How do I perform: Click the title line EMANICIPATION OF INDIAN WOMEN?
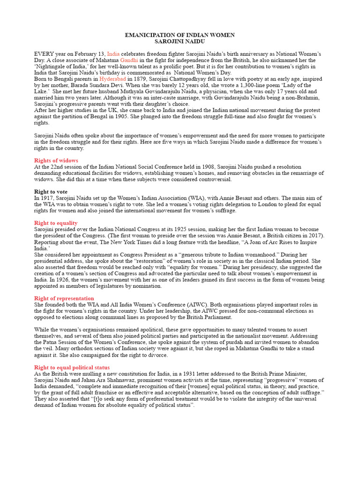(180, 35)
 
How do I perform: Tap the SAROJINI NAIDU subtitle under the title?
(180, 42)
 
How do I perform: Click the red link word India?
(113, 54)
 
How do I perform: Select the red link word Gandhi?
(129, 60)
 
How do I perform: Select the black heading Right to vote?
(51, 192)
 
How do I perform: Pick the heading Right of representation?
(64, 298)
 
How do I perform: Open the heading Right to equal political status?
(72, 367)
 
